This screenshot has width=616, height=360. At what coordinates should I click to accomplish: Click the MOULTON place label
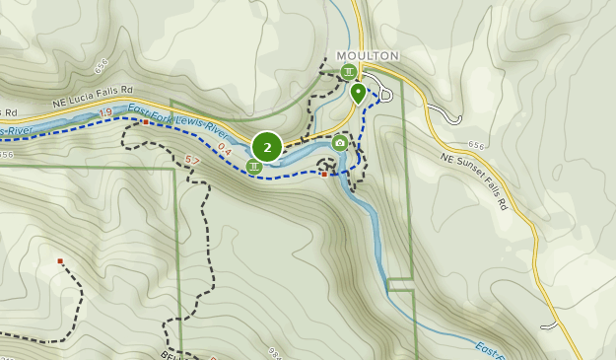coord(367,56)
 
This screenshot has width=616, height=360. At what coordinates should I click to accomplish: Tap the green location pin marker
coord(358,93)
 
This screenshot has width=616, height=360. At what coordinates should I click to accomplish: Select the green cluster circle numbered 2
coord(267,147)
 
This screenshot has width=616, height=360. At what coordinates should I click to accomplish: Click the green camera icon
coord(340,143)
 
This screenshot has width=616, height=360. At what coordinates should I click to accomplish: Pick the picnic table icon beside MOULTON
coord(348,72)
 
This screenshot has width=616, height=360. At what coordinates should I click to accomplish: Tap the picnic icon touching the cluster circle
coord(254,166)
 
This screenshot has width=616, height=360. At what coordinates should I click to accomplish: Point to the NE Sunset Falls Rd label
coord(473,181)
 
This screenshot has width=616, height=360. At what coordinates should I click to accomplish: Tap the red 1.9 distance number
coord(106,113)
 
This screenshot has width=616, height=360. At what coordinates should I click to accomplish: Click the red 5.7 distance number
coord(192,160)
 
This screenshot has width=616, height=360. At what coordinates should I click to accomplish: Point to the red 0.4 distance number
coord(224,150)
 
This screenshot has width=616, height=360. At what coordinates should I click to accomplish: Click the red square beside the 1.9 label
coord(145,122)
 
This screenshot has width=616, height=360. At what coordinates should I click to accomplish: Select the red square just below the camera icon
coord(324,176)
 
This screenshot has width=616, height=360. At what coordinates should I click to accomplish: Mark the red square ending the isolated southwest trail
coord(60,261)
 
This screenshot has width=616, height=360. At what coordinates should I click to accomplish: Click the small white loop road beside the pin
coord(385,95)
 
